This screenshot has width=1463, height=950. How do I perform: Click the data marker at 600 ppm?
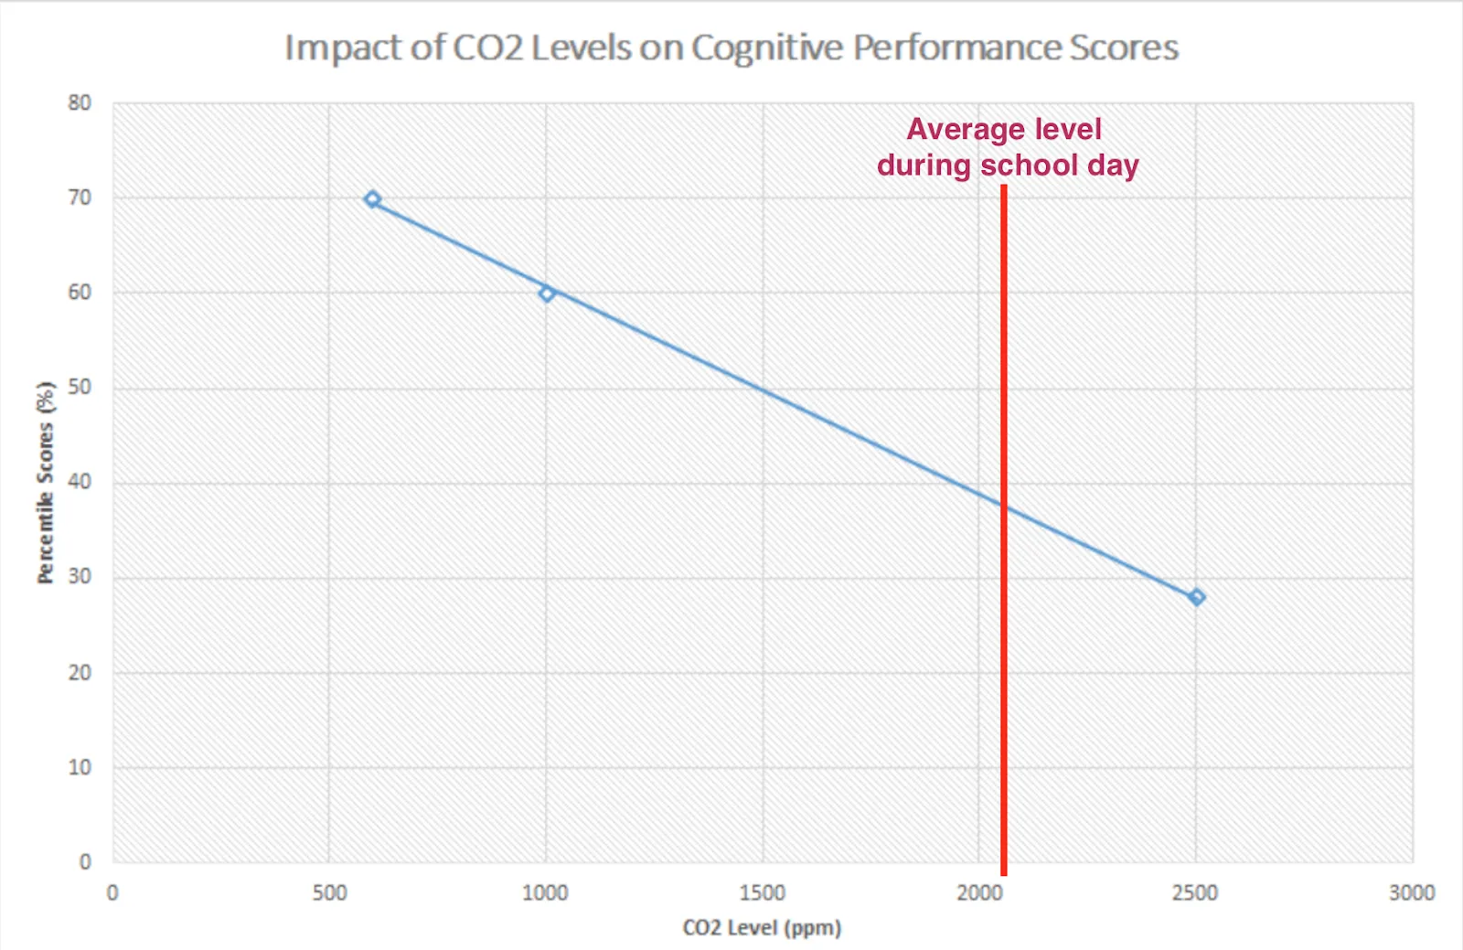372,199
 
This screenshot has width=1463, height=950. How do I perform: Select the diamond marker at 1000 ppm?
547,294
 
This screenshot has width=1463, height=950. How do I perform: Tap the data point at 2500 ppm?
1196,597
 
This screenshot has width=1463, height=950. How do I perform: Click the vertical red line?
1003,686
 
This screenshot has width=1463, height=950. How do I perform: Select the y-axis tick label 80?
80,103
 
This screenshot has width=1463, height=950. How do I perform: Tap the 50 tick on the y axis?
80,388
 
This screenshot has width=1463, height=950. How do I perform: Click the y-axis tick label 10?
80,767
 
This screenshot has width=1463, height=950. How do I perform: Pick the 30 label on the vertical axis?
80,577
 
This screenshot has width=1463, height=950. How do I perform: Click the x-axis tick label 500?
329,893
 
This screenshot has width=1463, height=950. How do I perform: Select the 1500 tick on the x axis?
763,893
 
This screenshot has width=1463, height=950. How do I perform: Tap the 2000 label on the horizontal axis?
978,893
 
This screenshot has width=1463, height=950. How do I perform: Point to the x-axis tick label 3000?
1411,893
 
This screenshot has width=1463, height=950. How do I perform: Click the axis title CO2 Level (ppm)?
762,928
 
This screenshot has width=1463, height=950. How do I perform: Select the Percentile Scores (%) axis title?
46,482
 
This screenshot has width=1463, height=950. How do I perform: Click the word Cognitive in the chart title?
766,48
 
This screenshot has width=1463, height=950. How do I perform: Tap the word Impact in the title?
343,48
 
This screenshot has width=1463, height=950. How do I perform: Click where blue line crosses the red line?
1003,506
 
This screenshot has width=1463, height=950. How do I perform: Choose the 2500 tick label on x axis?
1195,893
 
